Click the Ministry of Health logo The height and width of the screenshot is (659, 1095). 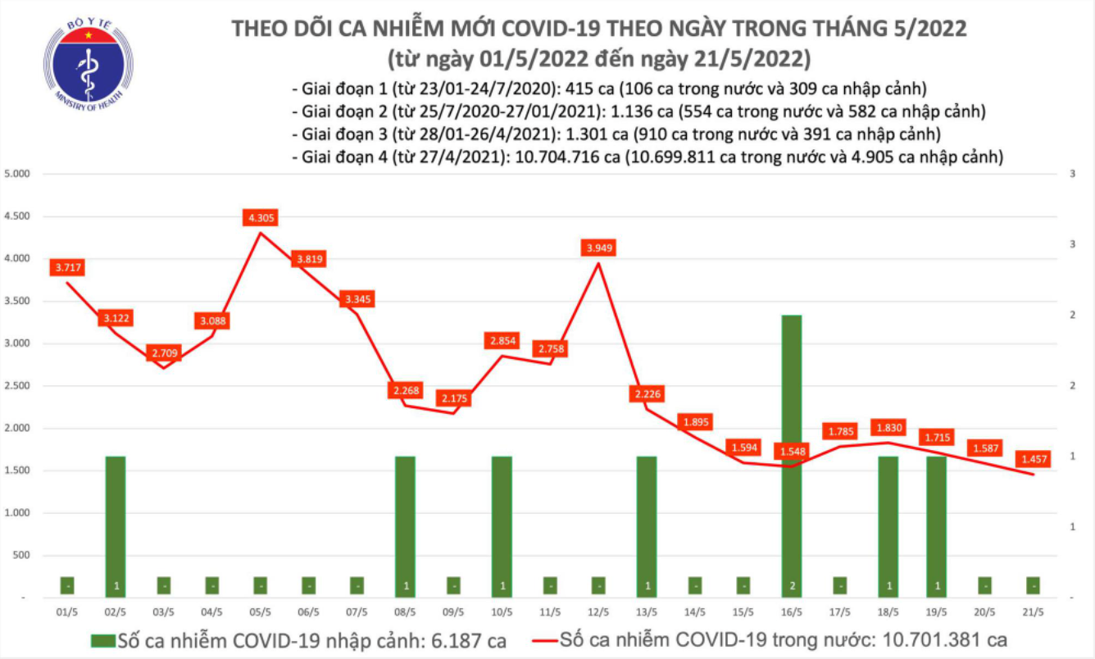[x=89, y=63]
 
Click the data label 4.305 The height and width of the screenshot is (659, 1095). [x=261, y=217]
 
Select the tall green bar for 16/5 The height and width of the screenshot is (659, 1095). [x=792, y=455]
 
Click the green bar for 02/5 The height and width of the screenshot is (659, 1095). [x=116, y=525]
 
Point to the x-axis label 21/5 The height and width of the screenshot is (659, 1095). [x=1032, y=611]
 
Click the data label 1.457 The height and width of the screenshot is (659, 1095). [x=1032, y=459]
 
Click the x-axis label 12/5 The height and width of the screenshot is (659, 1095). [x=597, y=611]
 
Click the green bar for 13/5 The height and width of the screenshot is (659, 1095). [x=647, y=525]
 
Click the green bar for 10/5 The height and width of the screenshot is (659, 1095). [x=502, y=525]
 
